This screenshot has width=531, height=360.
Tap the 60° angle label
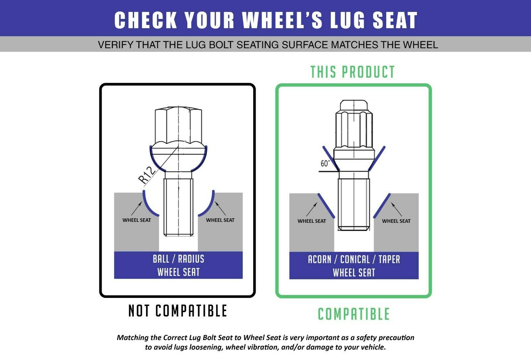[325, 163]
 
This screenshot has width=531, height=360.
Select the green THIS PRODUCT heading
[352, 72]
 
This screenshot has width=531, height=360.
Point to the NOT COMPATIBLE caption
[178, 311]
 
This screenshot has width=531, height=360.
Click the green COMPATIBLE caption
[353, 314]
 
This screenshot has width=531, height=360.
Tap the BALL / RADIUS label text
[179, 259]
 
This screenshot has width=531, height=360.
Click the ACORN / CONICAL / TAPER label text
[354, 259]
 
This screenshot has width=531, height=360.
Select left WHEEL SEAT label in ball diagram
[136, 220]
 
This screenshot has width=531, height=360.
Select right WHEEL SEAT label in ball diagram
[220, 220]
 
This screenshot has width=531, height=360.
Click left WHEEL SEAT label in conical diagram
[312, 221]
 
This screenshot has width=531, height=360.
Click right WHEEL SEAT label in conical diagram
[396, 221]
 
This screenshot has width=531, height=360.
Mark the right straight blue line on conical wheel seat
[382, 206]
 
